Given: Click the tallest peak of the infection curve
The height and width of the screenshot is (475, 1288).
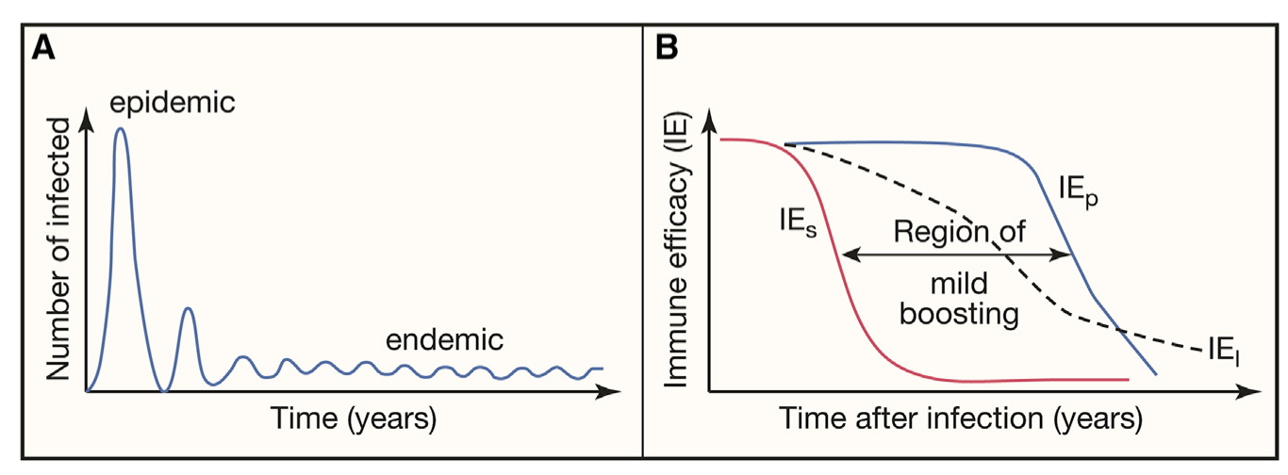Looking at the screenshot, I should click(121, 129).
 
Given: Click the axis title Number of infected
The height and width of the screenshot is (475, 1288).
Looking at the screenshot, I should click(61, 250).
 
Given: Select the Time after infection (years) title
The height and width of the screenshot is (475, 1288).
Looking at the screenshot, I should click(961, 417).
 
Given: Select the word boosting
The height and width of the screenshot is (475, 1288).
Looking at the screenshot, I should click(959, 313).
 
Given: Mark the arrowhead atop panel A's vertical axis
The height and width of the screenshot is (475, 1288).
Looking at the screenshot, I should click(87, 118).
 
